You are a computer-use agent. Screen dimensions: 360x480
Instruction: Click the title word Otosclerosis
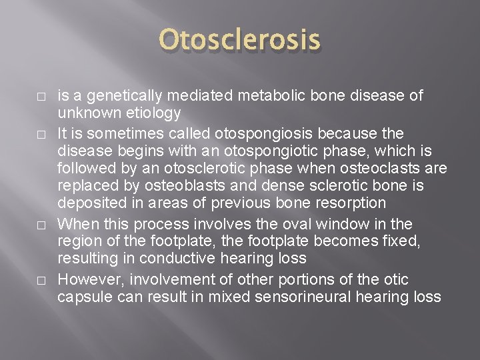pos(240,42)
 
